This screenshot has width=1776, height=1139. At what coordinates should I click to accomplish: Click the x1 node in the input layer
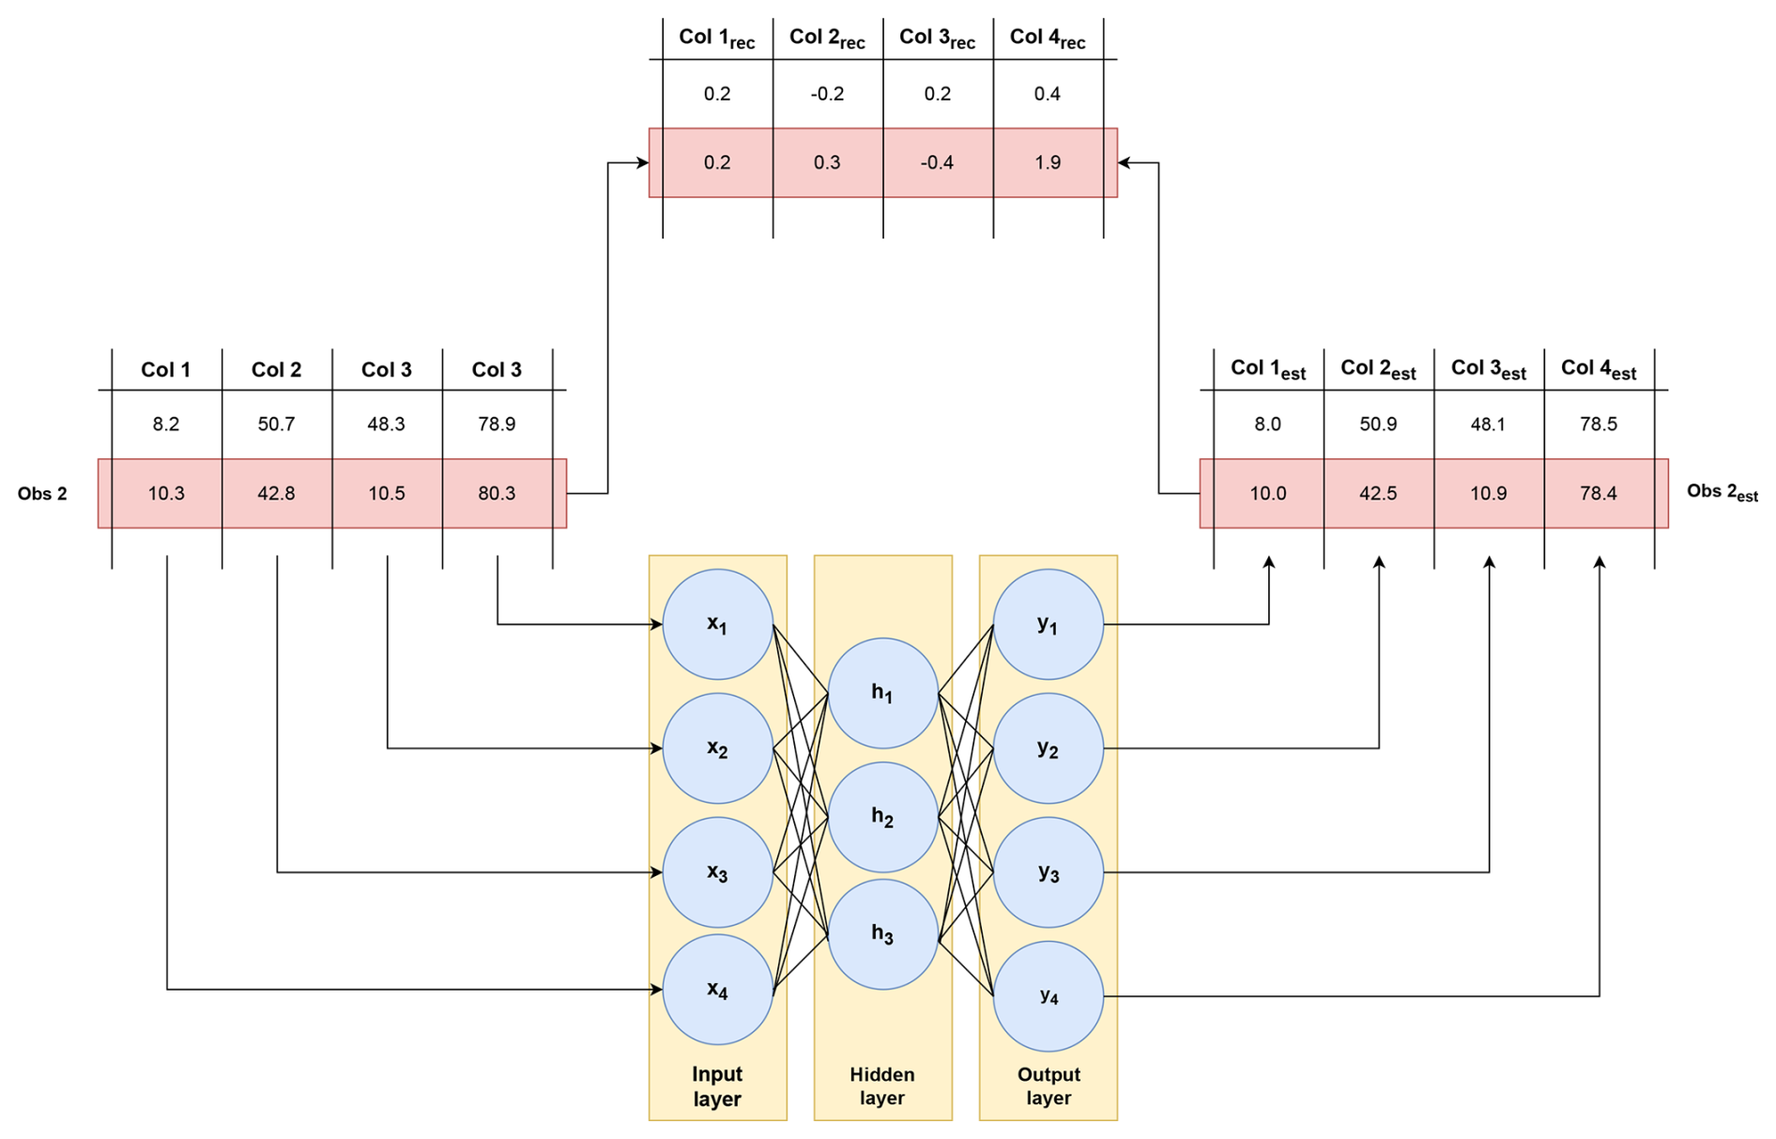[x=717, y=624]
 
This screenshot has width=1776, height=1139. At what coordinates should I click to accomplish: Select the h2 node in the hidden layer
[x=882, y=817]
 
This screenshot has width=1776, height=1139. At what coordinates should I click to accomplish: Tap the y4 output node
[x=1048, y=996]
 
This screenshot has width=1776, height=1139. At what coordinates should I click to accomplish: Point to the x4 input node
[x=717, y=989]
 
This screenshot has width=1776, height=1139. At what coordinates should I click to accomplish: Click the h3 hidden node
[x=882, y=933]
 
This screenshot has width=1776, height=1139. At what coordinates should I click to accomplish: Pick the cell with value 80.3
[x=497, y=493]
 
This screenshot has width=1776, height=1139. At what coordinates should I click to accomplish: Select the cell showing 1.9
[x=1048, y=162]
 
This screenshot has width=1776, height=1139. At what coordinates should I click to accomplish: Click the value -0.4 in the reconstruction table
[x=937, y=162]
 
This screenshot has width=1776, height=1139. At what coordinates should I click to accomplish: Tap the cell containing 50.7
[x=276, y=423]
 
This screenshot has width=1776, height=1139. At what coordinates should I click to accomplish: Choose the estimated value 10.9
[x=1488, y=493]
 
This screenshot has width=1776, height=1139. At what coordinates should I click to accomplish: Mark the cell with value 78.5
[x=1598, y=423]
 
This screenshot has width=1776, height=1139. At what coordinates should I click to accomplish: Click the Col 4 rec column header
[x=1048, y=38]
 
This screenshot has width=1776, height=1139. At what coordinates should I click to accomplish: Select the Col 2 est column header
[x=1378, y=369]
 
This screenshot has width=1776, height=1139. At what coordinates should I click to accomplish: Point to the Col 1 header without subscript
[x=165, y=369]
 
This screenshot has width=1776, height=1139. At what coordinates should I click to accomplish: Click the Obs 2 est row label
[x=1722, y=493]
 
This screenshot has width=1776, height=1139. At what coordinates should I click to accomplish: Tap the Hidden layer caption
[x=882, y=1085]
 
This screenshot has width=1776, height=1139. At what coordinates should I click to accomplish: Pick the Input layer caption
[x=717, y=1085]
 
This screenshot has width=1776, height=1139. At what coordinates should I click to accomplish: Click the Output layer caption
[x=1048, y=1085]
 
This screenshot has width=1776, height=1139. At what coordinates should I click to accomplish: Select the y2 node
[x=1048, y=748]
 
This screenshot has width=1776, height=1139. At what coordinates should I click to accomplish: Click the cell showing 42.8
[x=276, y=493]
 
